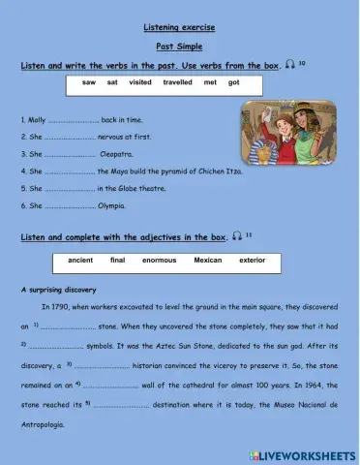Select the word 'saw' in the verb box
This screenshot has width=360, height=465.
[89, 83]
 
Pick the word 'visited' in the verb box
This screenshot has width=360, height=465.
[140, 83]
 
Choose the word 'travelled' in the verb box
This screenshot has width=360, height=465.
[177, 83]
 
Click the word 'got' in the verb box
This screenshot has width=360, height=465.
[234, 83]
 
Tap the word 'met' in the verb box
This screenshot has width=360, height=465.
[211, 83]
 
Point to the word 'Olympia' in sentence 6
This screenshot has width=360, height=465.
[115, 205]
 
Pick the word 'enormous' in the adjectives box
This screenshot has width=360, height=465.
[160, 261]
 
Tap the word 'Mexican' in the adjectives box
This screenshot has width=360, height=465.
[208, 261]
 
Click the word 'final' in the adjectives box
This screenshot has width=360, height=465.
[118, 261]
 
